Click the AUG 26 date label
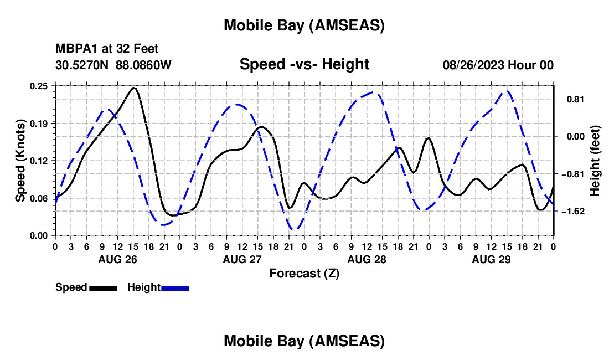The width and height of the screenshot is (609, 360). (117, 259)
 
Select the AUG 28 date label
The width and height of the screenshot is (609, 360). (366, 259)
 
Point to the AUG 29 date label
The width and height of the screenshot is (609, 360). (491, 259)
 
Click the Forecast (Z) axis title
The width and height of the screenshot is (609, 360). (304, 273)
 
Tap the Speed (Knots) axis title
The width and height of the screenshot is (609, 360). (20, 160)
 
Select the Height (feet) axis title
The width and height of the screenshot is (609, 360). (595, 160)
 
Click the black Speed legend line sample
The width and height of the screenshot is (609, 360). (103, 287)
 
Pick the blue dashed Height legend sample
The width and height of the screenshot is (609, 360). (176, 287)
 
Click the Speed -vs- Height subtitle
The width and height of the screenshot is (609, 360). (304, 64)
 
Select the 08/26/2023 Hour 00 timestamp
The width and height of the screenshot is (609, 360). (498, 65)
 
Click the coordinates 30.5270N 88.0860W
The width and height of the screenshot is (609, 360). (113, 65)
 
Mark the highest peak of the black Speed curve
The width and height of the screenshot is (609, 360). (133, 88)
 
